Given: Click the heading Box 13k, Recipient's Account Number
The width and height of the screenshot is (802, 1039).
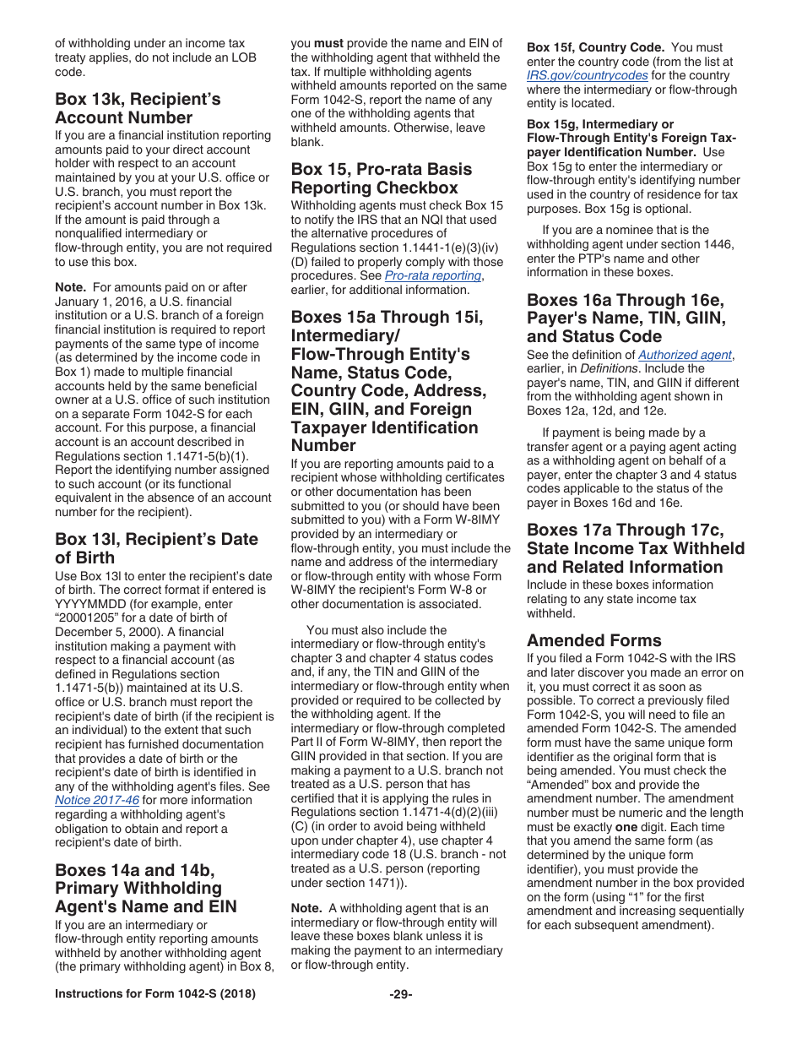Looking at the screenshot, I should click(138, 109).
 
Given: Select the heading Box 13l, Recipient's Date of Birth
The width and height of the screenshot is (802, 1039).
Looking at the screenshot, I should click(156, 548).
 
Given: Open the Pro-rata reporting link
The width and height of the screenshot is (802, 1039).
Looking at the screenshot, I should click(434, 276).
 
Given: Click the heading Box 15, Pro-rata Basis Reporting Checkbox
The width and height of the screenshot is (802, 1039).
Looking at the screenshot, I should click(381, 178).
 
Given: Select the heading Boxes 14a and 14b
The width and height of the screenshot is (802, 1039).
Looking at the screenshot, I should click(145, 888).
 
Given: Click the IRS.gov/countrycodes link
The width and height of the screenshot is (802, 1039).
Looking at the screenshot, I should click(588, 75).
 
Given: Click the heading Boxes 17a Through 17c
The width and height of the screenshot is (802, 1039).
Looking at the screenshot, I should click(636, 548).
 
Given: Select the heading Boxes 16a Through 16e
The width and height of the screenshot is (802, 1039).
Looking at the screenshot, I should click(626, 318).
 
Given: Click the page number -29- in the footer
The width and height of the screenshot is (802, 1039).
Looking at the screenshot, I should click(401, 994).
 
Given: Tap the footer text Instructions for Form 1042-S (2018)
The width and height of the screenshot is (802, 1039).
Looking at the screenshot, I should click(155, 994).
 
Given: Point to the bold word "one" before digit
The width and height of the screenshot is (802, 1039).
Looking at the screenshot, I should click(626, 827).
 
